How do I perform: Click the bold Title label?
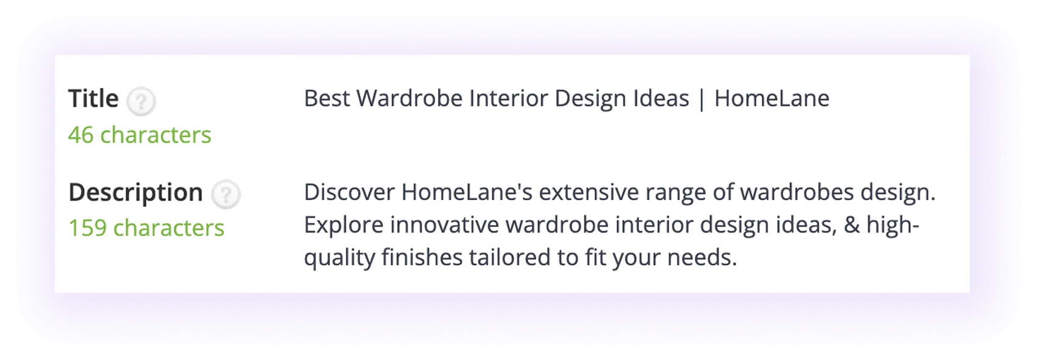(93, 99)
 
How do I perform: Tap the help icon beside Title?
(141, 101)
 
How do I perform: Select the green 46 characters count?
(140, 135)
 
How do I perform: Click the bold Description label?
(135, 193)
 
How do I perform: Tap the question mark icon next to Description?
(226, 195)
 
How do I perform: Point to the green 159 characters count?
(146, 228)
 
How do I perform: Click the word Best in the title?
(326, 99)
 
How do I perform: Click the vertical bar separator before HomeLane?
(701, 99)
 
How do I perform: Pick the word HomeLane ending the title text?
(772, 99)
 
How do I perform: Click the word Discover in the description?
(349, 193)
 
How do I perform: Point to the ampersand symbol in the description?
(852, 225)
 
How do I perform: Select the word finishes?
(422, 257)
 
